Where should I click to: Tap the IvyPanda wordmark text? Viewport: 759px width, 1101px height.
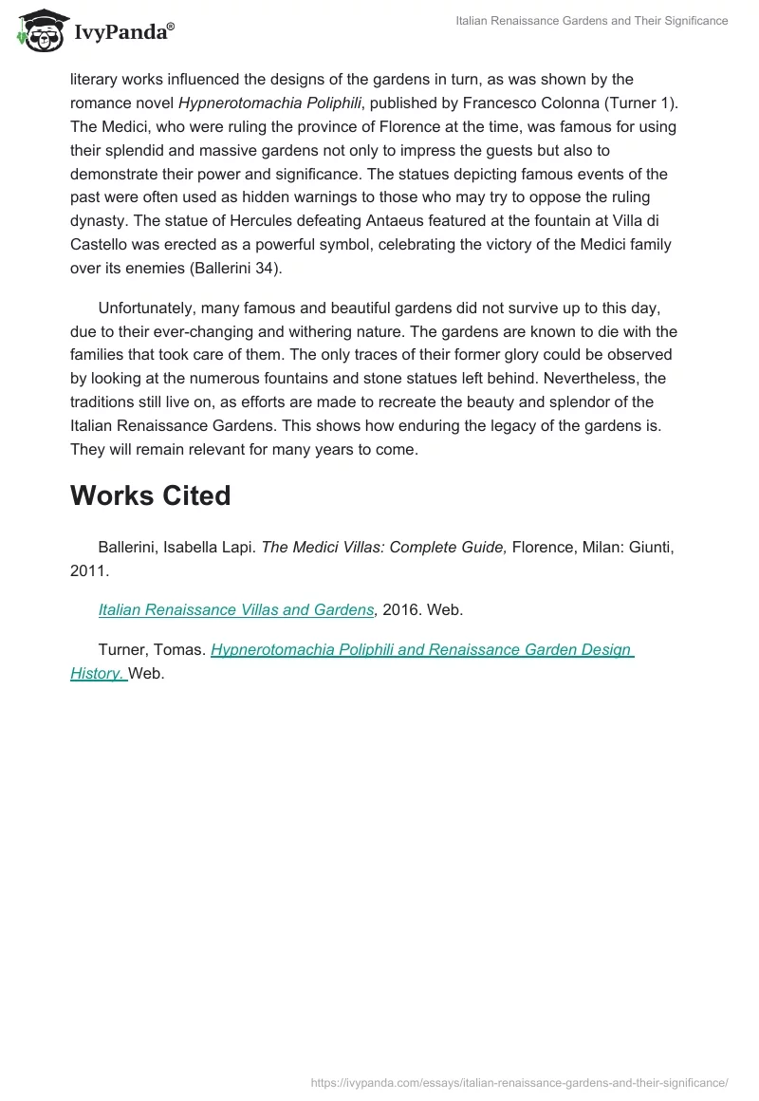pyautogui.click(x=123, y=33)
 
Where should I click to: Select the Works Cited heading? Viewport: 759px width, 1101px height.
pyautogui.click(x=150, y=495)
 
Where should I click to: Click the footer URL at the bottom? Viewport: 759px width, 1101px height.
pyautogui.click(x=520, y=1082)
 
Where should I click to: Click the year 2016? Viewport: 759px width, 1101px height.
pyautogui.click(x=401, y=609)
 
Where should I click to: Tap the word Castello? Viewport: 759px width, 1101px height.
pyautogui.click(x=101, y=245)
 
